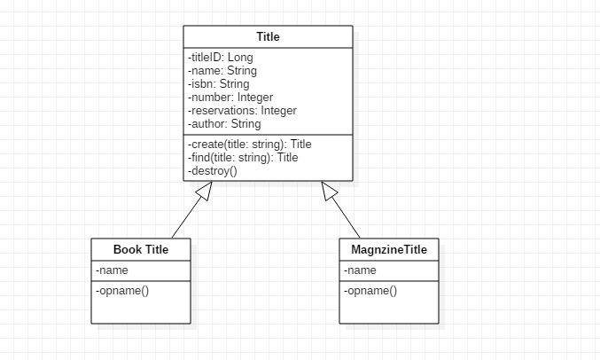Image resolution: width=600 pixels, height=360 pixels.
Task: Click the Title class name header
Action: tap(268, 36)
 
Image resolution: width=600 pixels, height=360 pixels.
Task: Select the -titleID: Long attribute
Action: tap(220, 58)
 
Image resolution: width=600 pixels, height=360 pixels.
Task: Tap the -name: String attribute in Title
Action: tap(222, 71)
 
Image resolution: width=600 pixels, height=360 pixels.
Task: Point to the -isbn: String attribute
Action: tap(219, 84)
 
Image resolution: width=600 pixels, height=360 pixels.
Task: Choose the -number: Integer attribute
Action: tap(230, 98)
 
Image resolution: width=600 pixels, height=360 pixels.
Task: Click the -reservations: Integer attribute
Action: tap(241, 111)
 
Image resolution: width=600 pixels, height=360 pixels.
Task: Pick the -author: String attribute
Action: tap(223, 124)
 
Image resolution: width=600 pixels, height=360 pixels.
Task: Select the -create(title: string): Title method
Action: tap(249, 144)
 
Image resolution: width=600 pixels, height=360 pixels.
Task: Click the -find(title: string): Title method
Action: tap(242, 157)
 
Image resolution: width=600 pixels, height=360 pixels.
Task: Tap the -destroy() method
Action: tap(212, 170)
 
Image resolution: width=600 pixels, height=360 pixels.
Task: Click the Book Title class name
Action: tap(141, 250)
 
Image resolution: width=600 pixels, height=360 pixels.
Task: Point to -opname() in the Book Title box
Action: tap(121, 290)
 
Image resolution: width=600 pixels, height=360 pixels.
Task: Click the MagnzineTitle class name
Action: tap(389, 250)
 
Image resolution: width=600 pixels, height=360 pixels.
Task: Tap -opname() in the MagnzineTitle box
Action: tap(370, 290)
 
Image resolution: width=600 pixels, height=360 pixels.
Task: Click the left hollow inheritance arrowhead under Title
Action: tap(206, 190)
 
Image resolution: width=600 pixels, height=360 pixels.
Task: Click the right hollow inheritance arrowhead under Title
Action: tap(330, 190)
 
